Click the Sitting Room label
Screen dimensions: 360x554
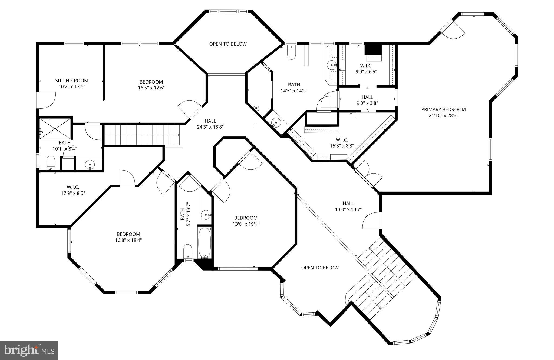pos(72,81)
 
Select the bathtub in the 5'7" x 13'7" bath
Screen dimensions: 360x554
pos(205,243)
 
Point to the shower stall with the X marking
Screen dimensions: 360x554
pos(55,128)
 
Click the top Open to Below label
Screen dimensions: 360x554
pos(228,44)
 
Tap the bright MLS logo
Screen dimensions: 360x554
pos(29,350)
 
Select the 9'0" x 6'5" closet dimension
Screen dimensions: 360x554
pos(366,72)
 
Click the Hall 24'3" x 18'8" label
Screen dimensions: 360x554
pos(210,124)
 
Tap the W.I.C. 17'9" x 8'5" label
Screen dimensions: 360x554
pos(73,190)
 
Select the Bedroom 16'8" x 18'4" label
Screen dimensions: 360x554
pos(128,237)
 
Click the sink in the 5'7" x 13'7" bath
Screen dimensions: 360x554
pos(206,215)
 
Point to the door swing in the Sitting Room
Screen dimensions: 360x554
pos(47,100)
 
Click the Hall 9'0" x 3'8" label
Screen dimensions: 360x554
pos(367,100)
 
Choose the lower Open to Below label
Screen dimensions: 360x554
pos(320,268)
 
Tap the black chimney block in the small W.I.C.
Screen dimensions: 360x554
pos(373,49)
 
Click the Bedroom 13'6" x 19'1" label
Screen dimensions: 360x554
pos(246,221)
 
